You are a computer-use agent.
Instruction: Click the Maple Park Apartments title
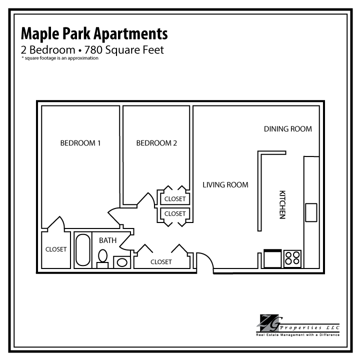tap(94, 34)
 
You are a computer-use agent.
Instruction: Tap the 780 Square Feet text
tap(124, 50)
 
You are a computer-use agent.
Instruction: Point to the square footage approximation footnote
tap(60, 58)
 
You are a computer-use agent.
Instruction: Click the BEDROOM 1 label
tap(80, 143)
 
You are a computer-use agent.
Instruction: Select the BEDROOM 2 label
tap(156, 143)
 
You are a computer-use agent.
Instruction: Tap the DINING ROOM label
tap(288, 129)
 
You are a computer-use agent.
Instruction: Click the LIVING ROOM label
tap(225, 185)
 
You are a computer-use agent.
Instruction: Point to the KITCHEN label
tap(282, 204)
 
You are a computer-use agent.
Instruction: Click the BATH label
tap(107, 240)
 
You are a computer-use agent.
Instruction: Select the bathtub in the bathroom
tap(83, 250)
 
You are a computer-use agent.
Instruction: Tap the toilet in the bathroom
tap(102, 258)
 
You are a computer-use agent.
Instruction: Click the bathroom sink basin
tap(122, 262)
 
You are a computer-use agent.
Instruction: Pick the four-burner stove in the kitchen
tap(292, 258)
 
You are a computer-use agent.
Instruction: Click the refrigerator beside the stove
tap(272, 258)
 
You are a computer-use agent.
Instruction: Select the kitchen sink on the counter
tap(311, 212)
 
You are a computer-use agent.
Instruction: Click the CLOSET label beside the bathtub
tap(56, 249)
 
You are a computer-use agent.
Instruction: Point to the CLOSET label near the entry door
tap(161, 261)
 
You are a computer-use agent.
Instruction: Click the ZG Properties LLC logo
tap(298, 325)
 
